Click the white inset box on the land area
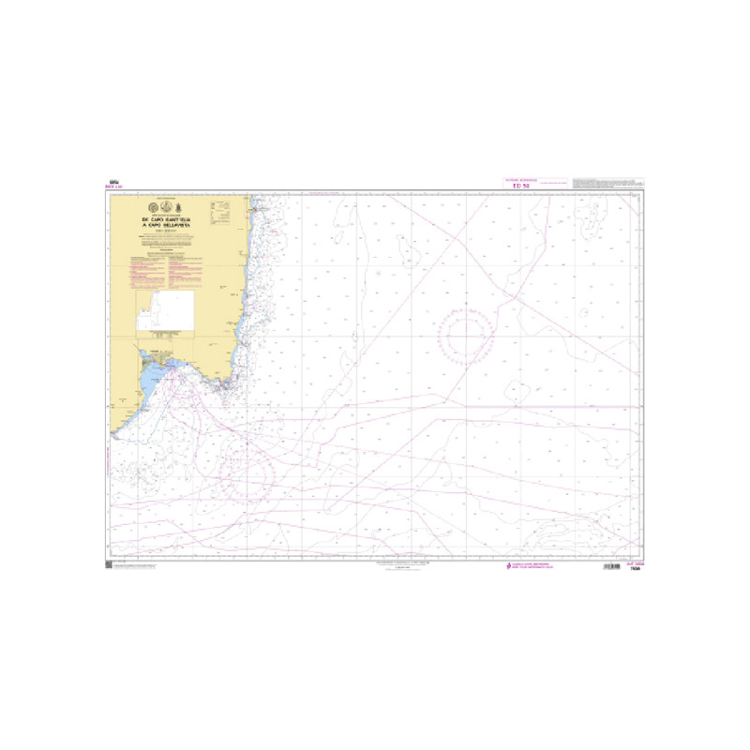coord(165,310)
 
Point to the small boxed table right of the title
coord(221,217)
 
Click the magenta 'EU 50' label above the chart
coord(521,187)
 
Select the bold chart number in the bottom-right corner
coord(635,568)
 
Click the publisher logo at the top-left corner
coord(114,184)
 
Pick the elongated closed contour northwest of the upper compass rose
coord(410,252)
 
